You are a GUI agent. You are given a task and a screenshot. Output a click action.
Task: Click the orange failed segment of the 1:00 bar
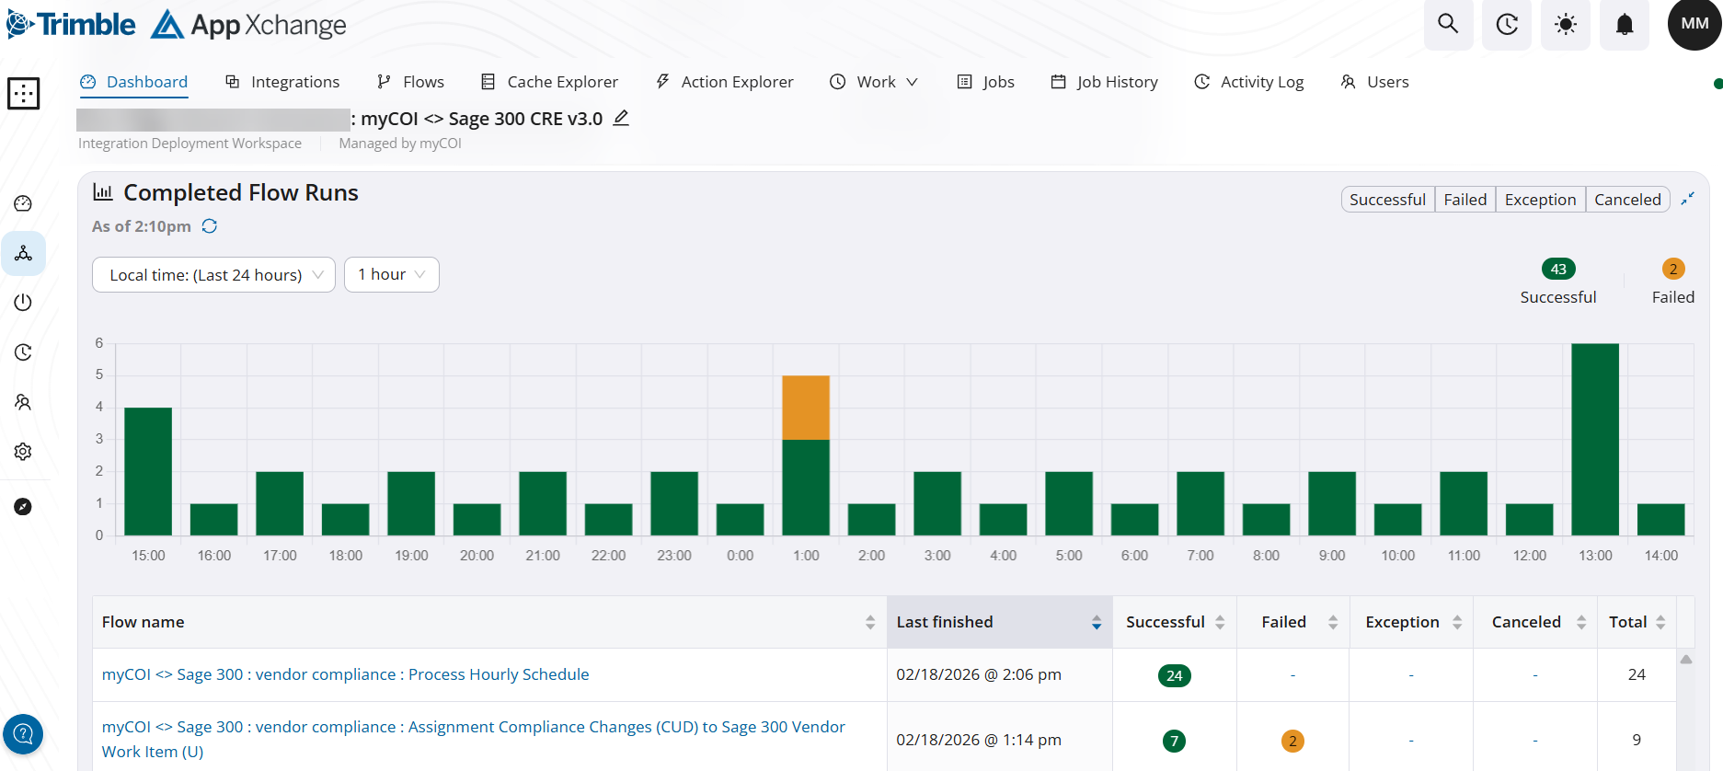806,408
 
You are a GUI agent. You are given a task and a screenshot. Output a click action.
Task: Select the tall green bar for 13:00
1595,439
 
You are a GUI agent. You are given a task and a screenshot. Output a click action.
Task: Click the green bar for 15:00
148,471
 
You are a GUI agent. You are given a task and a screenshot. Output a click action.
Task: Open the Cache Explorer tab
549,82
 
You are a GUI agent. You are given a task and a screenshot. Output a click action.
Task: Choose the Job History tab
1104,82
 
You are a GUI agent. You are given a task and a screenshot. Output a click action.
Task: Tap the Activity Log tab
1248,82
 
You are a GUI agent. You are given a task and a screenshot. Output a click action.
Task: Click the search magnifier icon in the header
1448,24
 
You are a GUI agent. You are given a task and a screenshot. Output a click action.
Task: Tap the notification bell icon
1625,24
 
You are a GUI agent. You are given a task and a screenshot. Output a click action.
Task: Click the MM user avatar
1694,24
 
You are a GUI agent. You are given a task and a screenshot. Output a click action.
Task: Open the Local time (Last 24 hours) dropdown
213,274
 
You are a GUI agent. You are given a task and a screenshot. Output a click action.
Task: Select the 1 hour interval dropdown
391,274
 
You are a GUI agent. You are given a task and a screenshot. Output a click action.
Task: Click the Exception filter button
1540,200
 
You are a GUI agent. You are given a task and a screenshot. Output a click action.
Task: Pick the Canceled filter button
1627,200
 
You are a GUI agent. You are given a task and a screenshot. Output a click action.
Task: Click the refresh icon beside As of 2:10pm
210,226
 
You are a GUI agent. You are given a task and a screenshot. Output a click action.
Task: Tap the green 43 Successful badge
1558,269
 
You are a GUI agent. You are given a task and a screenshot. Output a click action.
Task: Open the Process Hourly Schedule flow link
345,674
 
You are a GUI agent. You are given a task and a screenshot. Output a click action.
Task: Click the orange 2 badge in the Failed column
1292,741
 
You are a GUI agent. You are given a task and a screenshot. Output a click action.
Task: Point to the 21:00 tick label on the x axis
543,556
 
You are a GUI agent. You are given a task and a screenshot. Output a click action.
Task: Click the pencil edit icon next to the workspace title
621,118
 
